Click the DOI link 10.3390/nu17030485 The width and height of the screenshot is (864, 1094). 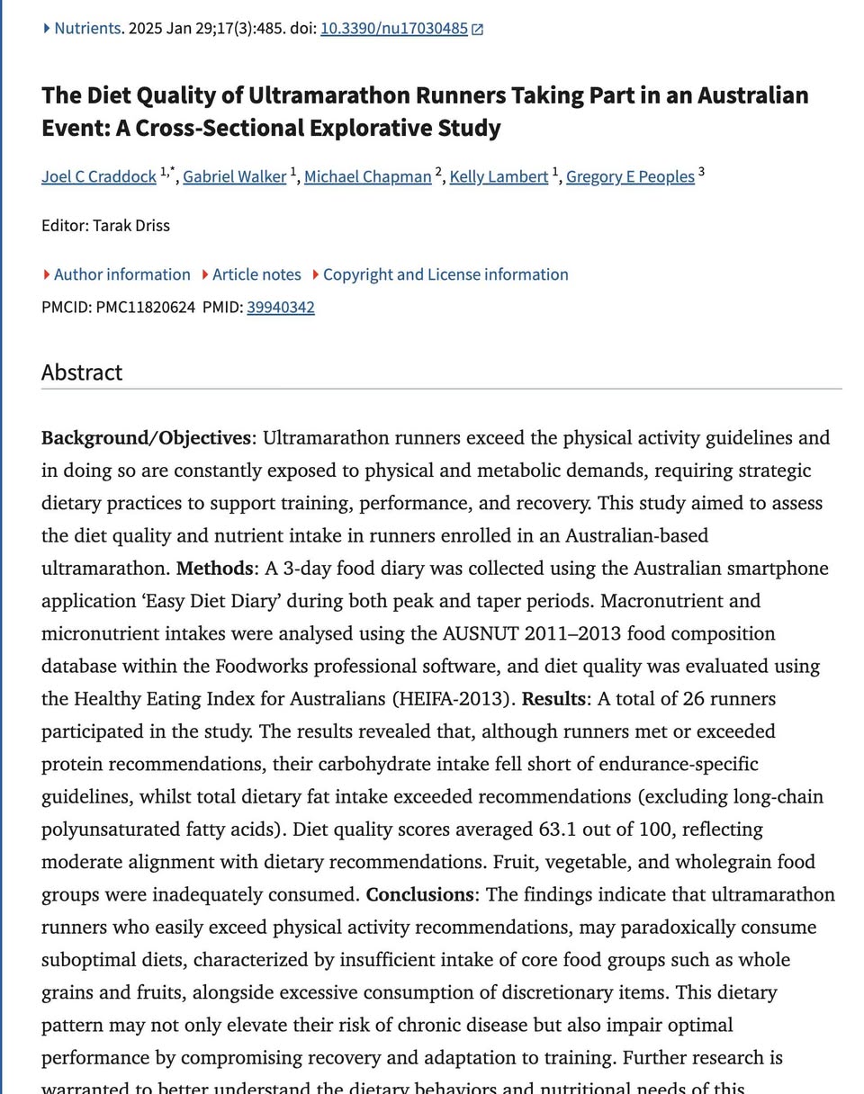point(393,28)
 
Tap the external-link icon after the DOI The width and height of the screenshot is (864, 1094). point(478,29)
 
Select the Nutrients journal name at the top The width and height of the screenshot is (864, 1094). point(86,28)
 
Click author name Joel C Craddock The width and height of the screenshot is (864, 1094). point(99,176)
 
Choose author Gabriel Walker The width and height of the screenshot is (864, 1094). point(234,176)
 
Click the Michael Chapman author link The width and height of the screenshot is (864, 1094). point(367,176)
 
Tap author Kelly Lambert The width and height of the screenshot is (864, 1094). point(499,176)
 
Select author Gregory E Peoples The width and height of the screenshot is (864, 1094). point(630,176)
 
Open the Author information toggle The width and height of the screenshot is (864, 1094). point(121,274)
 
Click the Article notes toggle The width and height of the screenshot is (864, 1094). point(256,274)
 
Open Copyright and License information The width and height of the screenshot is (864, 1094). point(445,274)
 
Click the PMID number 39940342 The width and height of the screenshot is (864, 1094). point(281,308)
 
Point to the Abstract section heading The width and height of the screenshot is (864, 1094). point(82,372)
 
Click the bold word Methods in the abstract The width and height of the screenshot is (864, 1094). point(214,569)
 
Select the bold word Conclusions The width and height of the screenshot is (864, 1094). point(419,895)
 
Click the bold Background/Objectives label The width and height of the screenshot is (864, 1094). point(146,438)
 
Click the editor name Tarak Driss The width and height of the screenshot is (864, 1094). point(130,225)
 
